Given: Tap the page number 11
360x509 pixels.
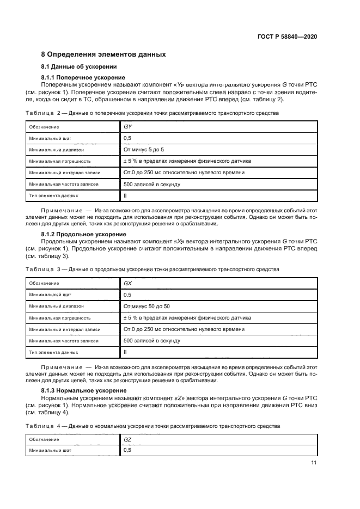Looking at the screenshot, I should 314,463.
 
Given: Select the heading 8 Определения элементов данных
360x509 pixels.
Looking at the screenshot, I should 103,54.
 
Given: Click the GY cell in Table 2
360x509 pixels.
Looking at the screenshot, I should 129,126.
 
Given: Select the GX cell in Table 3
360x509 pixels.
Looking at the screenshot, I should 129,283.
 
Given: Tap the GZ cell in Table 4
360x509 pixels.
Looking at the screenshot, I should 129,439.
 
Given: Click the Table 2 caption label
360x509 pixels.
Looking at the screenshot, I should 43,113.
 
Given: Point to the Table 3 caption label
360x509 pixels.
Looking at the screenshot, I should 43,269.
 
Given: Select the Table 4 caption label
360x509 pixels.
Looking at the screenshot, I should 43,426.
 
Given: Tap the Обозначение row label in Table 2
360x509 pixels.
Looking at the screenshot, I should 44,126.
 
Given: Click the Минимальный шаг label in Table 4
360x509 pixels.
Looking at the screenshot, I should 51,451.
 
